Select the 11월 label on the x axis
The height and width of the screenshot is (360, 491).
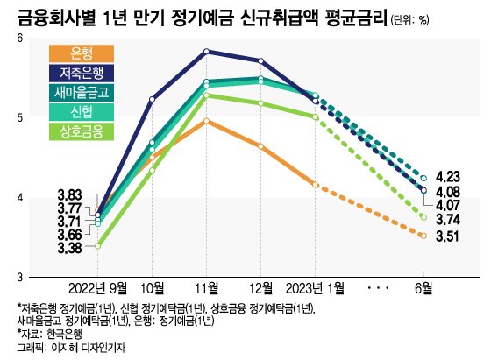pos(206,288)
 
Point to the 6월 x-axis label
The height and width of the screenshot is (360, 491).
pos(423,288)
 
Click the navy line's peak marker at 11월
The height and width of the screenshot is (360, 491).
pos(206,52)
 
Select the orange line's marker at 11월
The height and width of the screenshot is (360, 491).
pos(206,121)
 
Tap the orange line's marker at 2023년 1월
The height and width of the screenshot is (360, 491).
pos(315,184)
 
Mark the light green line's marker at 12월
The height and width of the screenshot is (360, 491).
pos(260,103)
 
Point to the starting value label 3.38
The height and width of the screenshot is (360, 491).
pos(69,248)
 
